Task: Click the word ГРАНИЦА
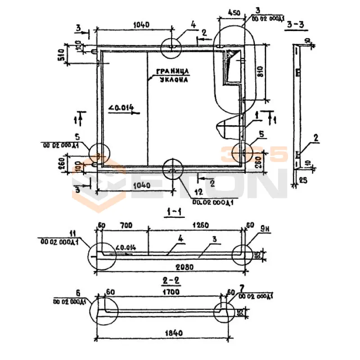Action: click(171, 71)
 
